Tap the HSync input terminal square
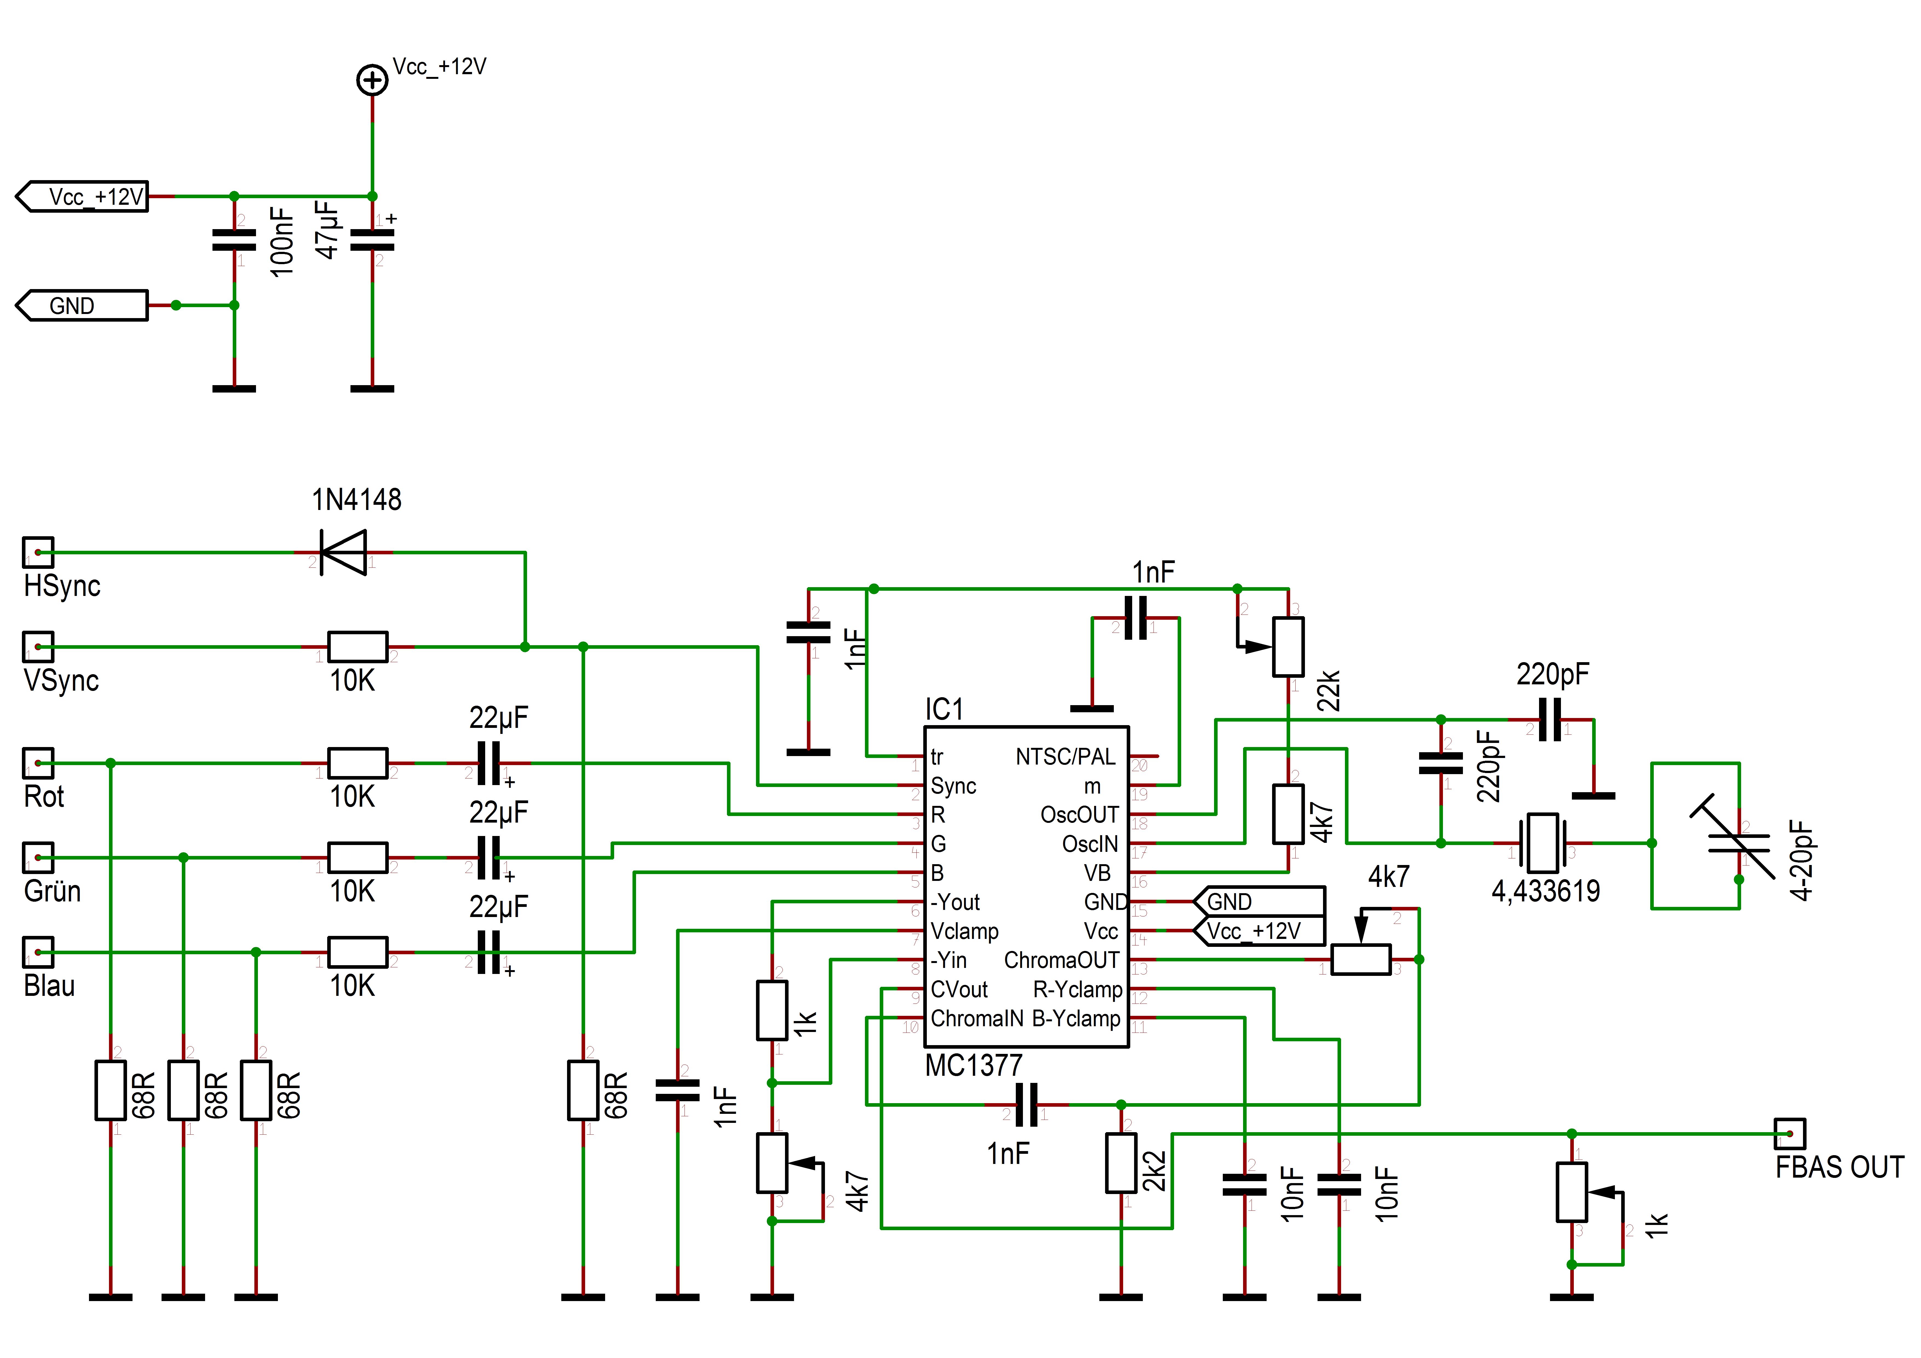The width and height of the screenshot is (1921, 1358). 38,552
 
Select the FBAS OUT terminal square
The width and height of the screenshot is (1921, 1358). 1789,1134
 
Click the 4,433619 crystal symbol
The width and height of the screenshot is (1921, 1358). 1541,843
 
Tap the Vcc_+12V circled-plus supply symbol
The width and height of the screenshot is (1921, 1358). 372,81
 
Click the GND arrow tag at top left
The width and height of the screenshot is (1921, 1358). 82,305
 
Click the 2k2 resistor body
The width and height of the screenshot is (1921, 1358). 1121,1163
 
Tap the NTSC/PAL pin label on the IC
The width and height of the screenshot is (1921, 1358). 1065,757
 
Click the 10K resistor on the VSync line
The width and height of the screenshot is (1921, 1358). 358,647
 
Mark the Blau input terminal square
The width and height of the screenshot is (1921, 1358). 38,952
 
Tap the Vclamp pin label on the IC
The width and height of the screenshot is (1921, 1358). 965,931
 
